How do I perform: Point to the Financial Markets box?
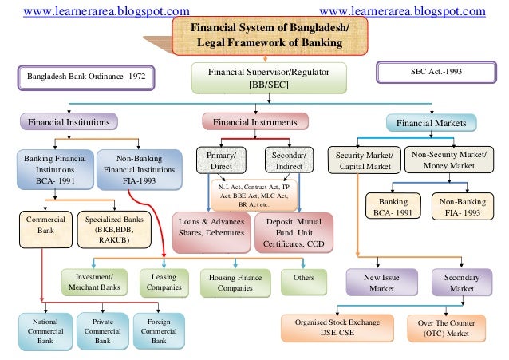tap(432, 123)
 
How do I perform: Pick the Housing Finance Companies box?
tap(235, 281)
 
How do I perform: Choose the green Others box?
tap(303, 281)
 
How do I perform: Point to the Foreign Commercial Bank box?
tap(159, 329)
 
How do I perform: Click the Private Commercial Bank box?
tap(102, 329)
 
